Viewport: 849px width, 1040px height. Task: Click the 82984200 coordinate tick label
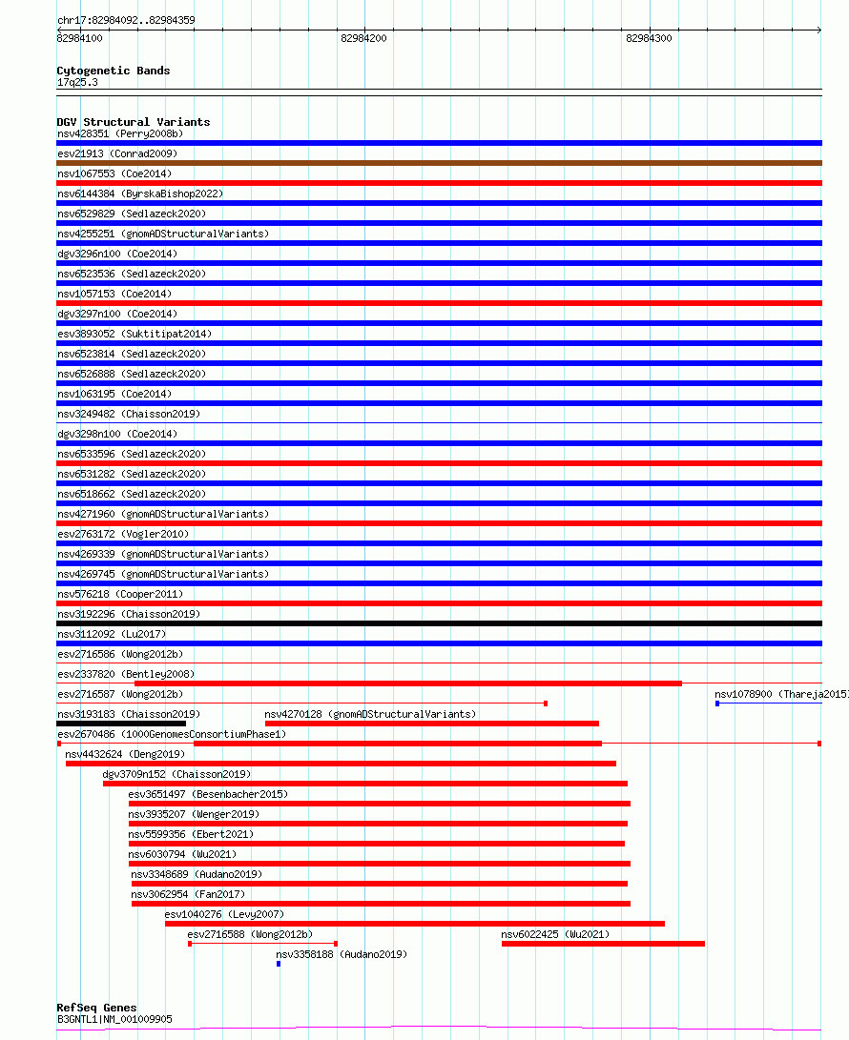pyautogui.click(x=363, y=39)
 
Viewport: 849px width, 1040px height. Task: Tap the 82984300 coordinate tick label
pyautogui.click(x=649, y=39)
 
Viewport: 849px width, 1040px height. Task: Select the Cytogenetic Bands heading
pyautogui.click(x=113, y=71)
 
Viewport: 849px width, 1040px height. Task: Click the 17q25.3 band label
pyautogui.click(x=77, y=82)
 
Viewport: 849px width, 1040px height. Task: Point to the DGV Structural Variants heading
pyautogui.click(x=133, y=122)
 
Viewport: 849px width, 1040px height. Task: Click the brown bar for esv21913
pyautogui.click(x=439, y=163)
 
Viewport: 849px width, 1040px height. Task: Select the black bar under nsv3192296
pyautogui.click(x=439, y=623)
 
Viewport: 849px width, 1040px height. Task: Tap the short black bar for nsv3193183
pyautogui.click(x=121, y=724)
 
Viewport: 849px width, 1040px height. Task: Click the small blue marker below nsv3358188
pyautogui.click(x=279, y=964)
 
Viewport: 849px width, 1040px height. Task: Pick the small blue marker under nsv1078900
pyautogui.click(x=717, y=704)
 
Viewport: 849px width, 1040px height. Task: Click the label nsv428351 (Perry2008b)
pyautogui.click(x=119, y=133)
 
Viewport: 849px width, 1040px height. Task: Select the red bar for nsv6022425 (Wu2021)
pyautogui.click(x=603, y=944)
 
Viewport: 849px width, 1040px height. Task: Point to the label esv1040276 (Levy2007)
pyautogui.click(x=223, y=914)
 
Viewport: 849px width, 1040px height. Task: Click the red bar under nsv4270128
pyautogui.click(x=431, y=724)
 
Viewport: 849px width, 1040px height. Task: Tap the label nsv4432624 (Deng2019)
pyautogui.click(x=125, y=754)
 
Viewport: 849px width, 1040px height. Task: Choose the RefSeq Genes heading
pyautogui.click(x=96, y=1008)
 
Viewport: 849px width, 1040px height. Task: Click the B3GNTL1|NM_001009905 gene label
pyautogui.click(x=114, y=1019)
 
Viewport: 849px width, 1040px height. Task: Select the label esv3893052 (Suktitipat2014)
pyautogui.click(x=134, y=334)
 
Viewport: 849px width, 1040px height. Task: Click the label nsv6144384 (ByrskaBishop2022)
pyautogui.click(x=140, y=194)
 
